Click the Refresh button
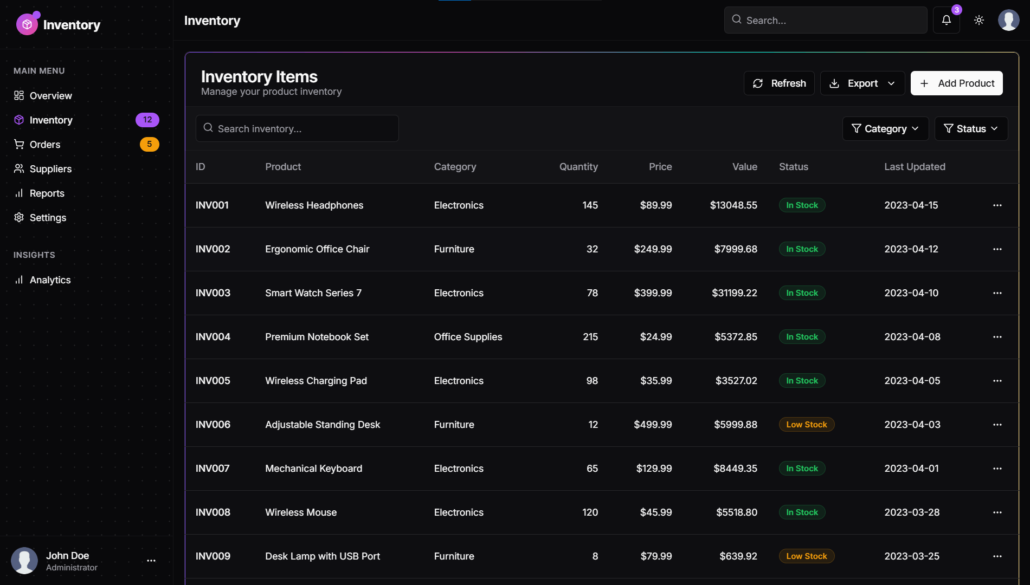pos(779,83)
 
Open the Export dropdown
pos(862,83)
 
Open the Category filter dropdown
pos(885,129)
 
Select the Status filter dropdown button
pos(971,129)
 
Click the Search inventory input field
pos(297,129)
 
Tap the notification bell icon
pos(947,21)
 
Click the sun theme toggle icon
pos(979,21)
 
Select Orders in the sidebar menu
pos(45,145)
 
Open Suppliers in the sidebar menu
pos(50,169)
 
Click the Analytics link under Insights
pos(50,280)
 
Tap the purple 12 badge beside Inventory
pos(147,120)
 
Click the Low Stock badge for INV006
pos(806,425)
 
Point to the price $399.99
pos(653,293)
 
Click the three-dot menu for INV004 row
pos(997,337)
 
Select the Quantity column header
pos(578,167)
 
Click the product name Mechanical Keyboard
pos(313,469)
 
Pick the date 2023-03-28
pos(912,512)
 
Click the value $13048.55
pos(733,205)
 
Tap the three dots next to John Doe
pos(151,561)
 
